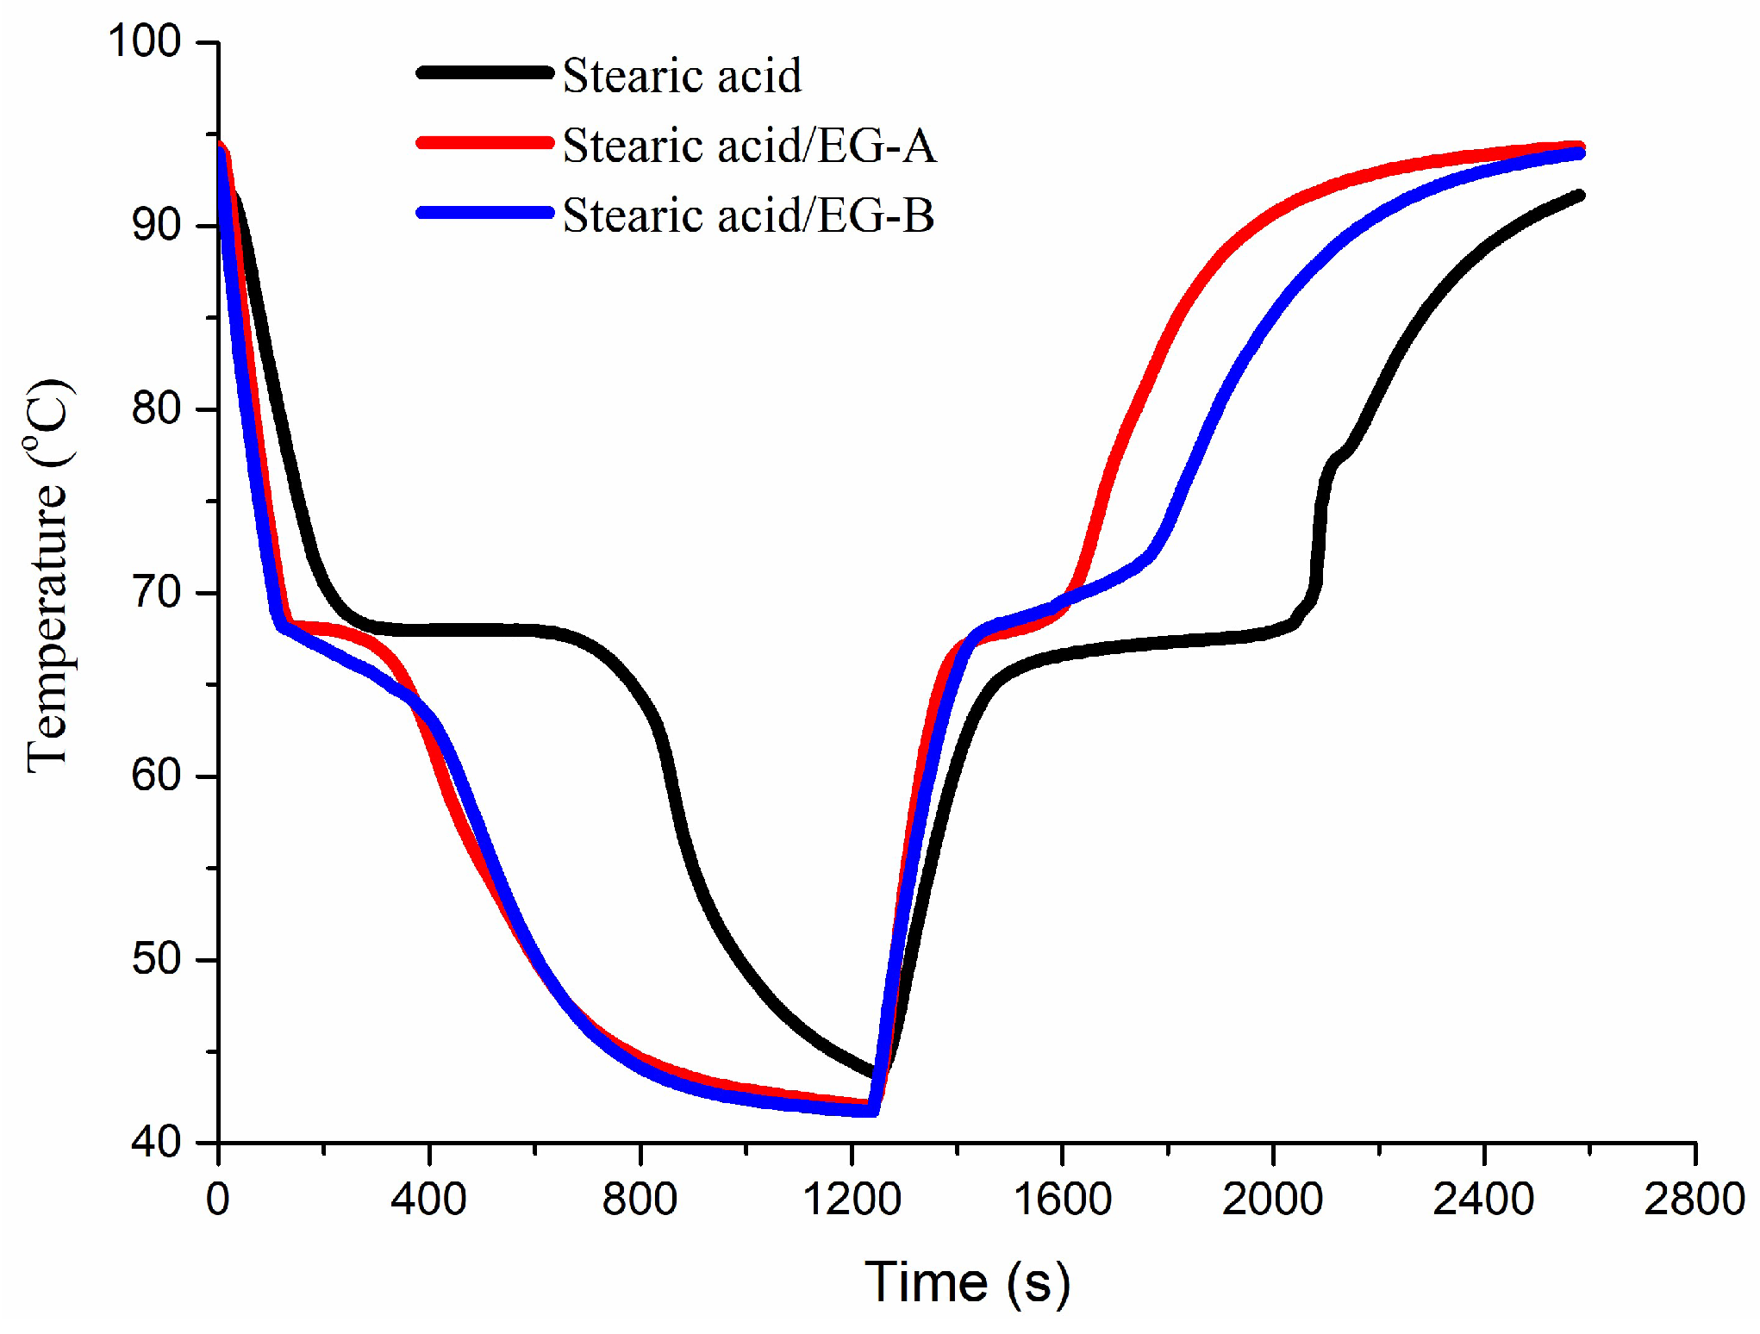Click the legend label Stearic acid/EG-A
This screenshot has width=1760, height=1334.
click(748, 145)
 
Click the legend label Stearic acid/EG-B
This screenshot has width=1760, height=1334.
click(748, 215)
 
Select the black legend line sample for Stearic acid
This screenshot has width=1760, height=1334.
click(485, 73)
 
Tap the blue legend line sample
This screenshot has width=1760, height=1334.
click(485, 213)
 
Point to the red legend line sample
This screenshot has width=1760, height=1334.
click(485, 143)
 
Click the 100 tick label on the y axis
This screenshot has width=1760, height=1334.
click(144, 41)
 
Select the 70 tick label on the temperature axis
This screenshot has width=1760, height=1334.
click(156, 593)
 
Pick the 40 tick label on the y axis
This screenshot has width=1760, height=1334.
click(156, 1143)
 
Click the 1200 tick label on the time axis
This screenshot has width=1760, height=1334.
click(852, 1200)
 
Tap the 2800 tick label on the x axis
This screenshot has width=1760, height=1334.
click(1694, 1200)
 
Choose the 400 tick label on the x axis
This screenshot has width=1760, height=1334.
click(428, 1200)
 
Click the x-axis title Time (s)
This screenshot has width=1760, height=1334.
click(967, 1282)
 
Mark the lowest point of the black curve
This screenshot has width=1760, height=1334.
click(877, 1075)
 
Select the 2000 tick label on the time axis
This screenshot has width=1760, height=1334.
click(1272, 1200)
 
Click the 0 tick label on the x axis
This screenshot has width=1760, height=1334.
click(218, 1200)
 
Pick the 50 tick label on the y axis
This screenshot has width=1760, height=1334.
click(156, 959)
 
